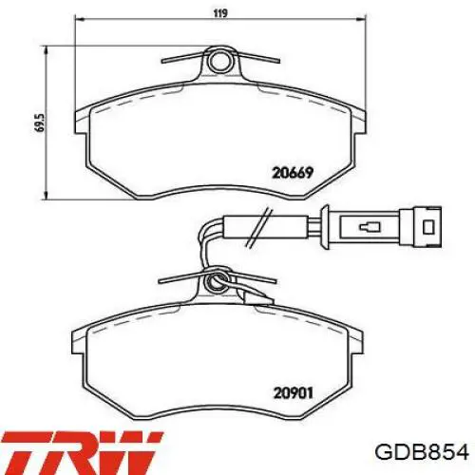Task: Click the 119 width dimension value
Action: coord(220,13)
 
